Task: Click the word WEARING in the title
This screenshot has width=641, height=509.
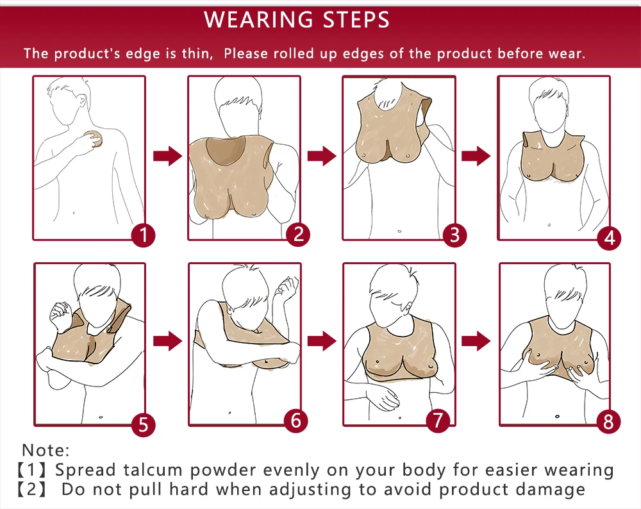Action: (259, 19)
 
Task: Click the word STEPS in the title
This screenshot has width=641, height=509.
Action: (356, 19)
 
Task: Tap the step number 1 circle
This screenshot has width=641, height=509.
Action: (143, 235)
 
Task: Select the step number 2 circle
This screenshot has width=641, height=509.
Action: (298, 234)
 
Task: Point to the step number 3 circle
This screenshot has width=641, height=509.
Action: (454, 235)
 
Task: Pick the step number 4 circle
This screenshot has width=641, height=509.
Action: (609, 238)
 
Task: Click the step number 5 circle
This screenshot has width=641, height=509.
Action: (143, 424)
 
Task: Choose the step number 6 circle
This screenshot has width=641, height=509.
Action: (296, 421)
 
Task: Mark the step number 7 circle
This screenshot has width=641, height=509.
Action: (438, 420)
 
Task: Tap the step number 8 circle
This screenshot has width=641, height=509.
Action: (608, 422)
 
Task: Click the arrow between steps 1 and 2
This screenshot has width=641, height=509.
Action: (167, 156)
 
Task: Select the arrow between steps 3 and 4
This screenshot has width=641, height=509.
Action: (476, 156)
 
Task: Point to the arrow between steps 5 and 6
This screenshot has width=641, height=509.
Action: (167, 341)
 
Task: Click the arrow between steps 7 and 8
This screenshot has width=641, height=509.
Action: (476, 341)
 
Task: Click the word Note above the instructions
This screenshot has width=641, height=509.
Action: (45, 450)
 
